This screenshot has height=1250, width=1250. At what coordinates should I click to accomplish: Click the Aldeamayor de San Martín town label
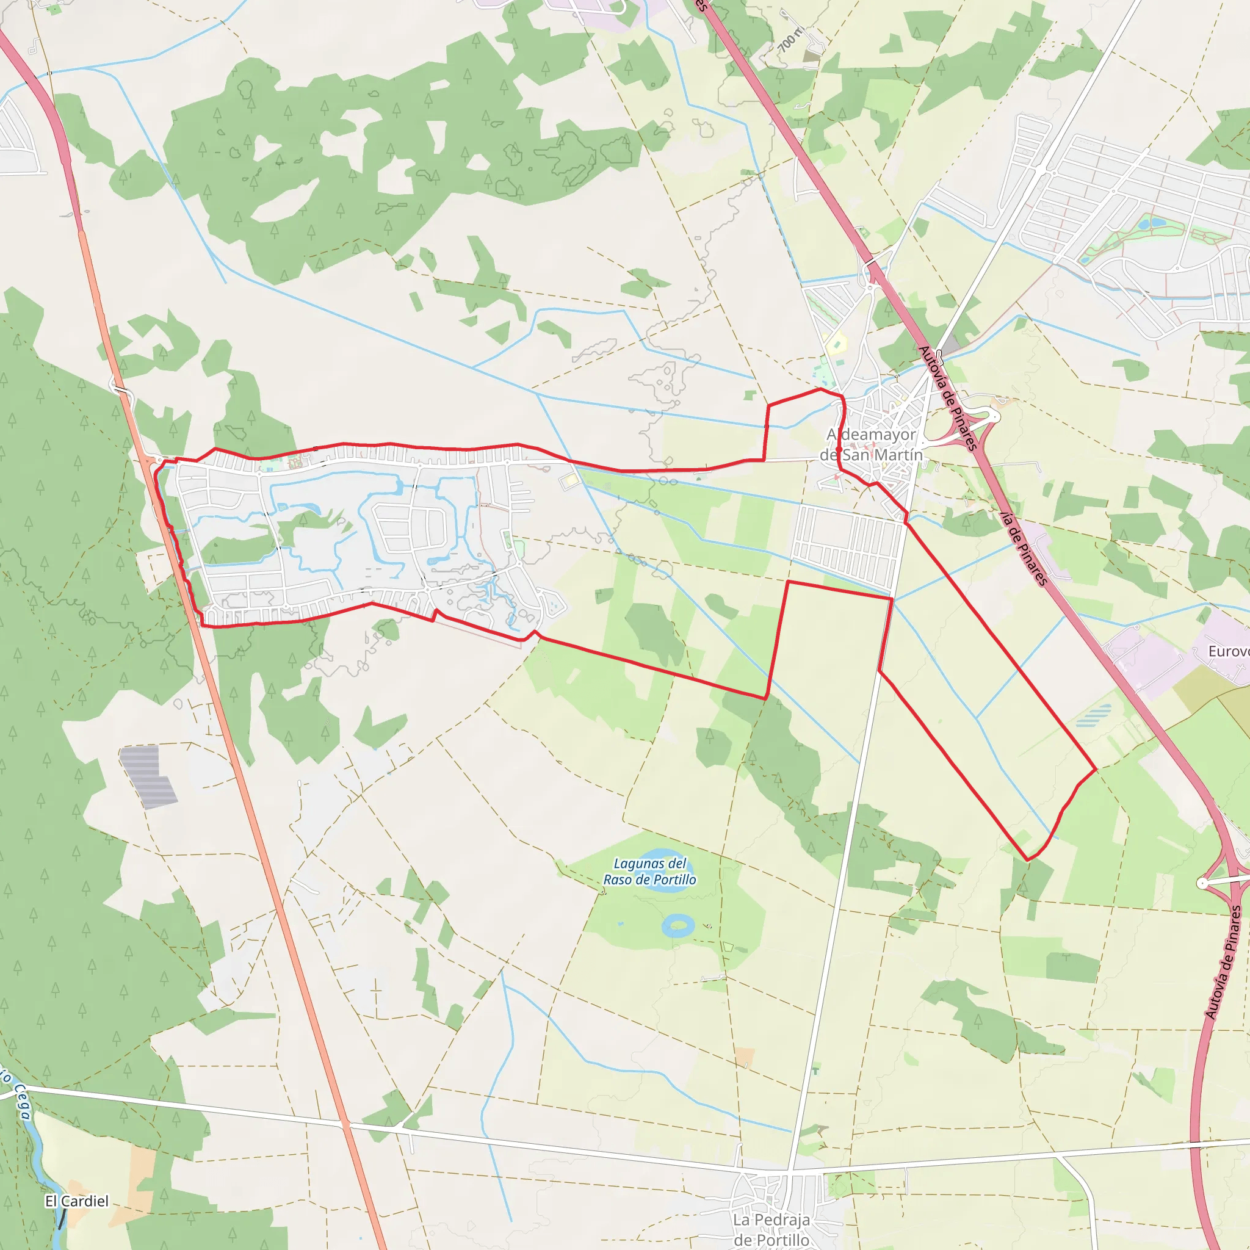[871, 444]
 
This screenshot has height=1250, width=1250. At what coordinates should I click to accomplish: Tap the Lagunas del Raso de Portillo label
[649, 872]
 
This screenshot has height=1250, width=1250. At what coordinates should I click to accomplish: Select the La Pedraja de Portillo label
[771, 1229]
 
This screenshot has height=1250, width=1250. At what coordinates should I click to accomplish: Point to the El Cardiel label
[76, 1201]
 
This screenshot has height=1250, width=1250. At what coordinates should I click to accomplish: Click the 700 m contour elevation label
[789, 40]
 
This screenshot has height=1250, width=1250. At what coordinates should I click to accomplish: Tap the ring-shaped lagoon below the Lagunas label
[677, 925]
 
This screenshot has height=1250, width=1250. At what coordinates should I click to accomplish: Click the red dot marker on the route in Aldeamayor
[839, 449]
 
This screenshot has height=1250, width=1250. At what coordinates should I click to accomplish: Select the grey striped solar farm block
[148, 776]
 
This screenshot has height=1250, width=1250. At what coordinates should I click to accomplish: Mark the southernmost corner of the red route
[1027, 860]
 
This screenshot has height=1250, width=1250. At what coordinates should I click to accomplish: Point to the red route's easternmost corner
[1096, 769]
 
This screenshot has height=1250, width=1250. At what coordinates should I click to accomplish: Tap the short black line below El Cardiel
[62, 1219]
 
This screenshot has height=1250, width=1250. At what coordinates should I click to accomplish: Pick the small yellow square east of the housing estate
[569, 481]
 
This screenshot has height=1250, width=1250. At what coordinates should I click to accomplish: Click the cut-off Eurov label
[1229, 651]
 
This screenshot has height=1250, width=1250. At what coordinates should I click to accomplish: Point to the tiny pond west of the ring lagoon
[621, 923]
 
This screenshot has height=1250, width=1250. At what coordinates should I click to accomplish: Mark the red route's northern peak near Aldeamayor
[820, 389]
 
